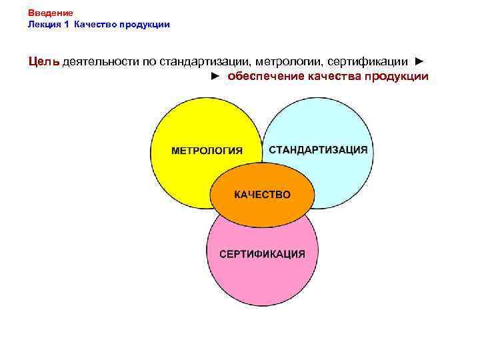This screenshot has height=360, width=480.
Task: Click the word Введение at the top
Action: [x=51, y=13]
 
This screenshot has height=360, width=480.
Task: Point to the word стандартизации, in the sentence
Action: [x=205, y=61]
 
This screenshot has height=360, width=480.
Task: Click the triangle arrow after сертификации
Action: [x=419, y=61]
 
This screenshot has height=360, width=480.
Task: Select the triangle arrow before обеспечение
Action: [x=215, y=76]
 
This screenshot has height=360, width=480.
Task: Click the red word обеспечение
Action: [x=265, y=76]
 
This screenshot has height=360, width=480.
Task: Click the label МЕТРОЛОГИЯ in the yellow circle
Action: [x=207, y=151]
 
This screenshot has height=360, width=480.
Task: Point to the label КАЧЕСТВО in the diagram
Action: [x=262, y=195]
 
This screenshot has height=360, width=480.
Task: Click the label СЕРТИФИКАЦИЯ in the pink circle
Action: [x=263, y=253]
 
